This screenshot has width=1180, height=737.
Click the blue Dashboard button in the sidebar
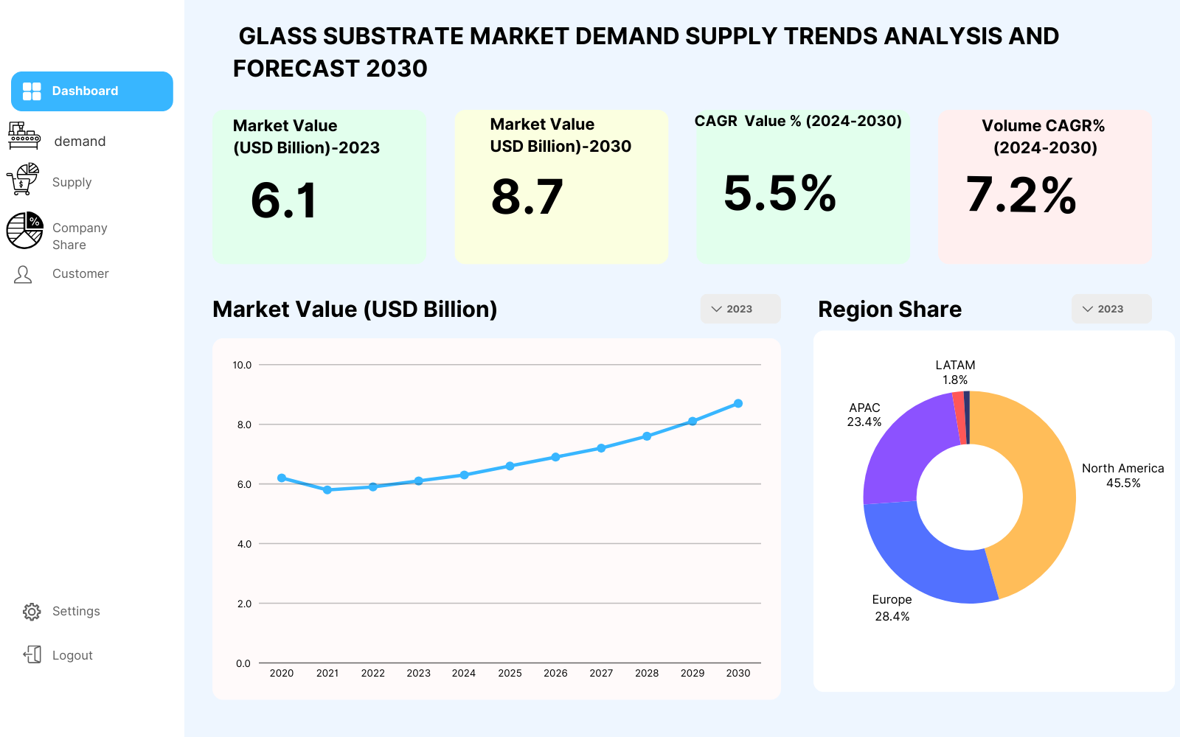click(x=91, y=91)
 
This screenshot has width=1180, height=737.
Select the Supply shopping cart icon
click(x=23, y=180)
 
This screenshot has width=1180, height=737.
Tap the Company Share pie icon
click(x=25, y=231)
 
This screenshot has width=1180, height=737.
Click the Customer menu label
click(x=80, y=273)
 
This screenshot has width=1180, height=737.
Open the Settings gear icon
click(x=32, y=612)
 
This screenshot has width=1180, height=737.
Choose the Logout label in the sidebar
click(x=72, y=655)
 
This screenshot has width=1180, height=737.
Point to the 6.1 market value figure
click(x=283, y=200)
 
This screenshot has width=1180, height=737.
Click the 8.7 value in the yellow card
click(x=527, y=197)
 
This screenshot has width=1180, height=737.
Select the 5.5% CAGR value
click(x=780, y=193)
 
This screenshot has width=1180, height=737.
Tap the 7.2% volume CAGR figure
click(x=1021, y=195)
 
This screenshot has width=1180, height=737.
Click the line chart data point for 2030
click(x=738, y=403)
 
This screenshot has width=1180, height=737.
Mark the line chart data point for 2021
click(x=327, y=489)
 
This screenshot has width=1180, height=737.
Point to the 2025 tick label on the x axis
click(x=510, y=673)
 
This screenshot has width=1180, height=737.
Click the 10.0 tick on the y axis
click(x=243, y=365)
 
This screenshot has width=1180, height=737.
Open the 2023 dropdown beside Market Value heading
click(x=740, y=309)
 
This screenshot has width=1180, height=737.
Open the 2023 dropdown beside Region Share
click(x=1111, y=309)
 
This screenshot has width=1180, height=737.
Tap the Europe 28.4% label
click(x=892, y=608)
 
